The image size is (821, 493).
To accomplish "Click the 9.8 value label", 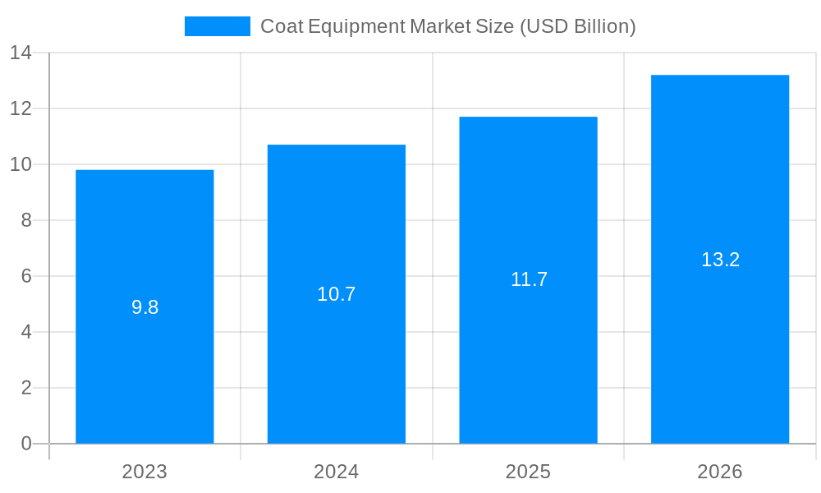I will click(144, 307).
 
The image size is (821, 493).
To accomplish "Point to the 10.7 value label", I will click(337, 294).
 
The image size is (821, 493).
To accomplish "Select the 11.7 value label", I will click(529, 279).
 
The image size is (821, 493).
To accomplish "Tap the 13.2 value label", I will click(720, 260).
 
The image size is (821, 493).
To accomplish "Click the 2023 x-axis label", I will click(144, 472).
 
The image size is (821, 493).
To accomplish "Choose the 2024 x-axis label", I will click(337, 472).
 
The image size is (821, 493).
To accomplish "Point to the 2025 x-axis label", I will click(528, 472).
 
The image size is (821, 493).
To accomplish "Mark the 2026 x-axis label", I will click(720, 472).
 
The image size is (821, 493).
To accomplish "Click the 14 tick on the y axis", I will click(21, 53).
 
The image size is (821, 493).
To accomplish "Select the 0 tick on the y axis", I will click(26, 444).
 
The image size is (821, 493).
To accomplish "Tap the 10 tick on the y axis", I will click(21, 164).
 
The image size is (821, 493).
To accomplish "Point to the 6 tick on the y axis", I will click(26, 276).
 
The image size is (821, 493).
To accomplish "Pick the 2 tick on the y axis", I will click(26, 388).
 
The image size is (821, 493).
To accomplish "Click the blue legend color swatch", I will click(218, 26).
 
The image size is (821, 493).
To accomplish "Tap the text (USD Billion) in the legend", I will click(577, 26).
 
